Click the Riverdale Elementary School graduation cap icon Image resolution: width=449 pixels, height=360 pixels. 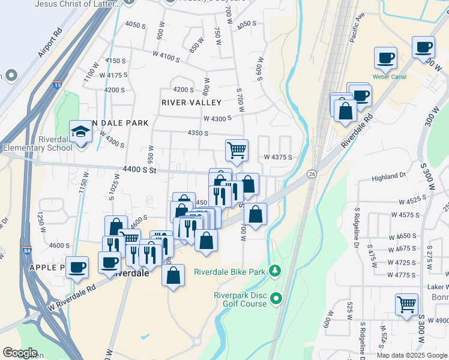click(80, 130)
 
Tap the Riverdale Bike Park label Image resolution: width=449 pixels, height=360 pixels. click(229, 272)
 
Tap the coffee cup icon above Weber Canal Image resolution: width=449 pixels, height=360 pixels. click(386, 58)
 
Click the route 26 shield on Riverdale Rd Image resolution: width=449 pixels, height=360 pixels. click(312, 174)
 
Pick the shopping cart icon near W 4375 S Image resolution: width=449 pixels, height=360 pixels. click(237, 150)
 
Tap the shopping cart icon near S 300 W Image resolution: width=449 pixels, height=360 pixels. click(406, 304)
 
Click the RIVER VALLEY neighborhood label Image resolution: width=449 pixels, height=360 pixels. click(191, 103)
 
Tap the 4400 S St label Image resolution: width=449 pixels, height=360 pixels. click(139, 171)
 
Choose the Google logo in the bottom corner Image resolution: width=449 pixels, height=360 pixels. click(20, 353)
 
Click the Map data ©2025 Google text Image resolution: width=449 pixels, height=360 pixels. click(412, 355)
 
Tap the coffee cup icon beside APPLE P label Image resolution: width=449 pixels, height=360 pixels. click(77, 267)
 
